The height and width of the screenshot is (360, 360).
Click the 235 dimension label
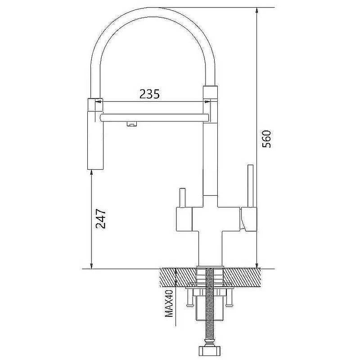pos(149,94)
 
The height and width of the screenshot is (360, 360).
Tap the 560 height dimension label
pos(266,139)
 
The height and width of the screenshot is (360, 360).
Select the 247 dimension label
pos(100,219)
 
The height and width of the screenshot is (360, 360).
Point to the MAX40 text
pos(169,303)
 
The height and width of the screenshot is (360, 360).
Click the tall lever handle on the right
pos(250,186)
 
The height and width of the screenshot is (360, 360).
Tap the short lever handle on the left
pos(182,198)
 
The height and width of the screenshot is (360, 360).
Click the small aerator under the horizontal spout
pos(132,124)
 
